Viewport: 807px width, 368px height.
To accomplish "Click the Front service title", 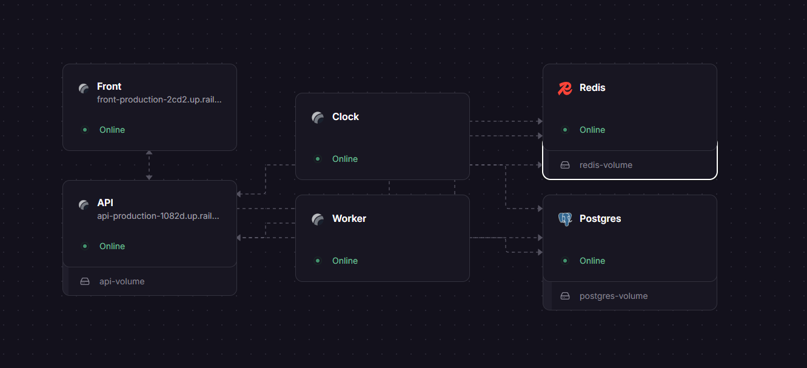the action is point(109,87).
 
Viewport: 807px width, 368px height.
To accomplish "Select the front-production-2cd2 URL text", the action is point(159,99).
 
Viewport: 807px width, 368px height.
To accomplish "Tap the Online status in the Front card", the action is point(112,130).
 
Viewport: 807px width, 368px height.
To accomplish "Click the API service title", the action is point(105,202).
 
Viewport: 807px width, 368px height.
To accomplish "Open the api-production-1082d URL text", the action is point(158,216).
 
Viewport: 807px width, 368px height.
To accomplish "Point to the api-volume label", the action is point(122,281).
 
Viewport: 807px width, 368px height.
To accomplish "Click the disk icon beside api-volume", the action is point(85,281).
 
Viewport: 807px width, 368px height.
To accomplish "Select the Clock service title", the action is point(346,116).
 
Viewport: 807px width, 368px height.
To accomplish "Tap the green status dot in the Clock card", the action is point(317,159).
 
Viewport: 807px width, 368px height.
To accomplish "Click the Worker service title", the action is point(349,219).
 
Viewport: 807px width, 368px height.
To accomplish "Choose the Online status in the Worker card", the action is point(345,261).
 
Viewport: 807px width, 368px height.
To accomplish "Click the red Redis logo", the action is point(565,89).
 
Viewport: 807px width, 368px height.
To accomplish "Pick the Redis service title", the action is point(592,87).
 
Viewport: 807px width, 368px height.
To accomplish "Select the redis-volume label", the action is point(606,165).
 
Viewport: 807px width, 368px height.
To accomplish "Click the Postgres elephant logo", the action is point(565,219).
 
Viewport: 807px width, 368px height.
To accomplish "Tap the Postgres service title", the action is point(600,219).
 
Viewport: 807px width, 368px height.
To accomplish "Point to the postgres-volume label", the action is point(614,296).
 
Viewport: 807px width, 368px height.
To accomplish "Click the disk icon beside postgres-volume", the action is point(565,296).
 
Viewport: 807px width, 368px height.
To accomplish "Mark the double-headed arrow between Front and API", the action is point(149,166).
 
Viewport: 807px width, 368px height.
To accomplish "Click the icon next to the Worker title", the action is point(317,219).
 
